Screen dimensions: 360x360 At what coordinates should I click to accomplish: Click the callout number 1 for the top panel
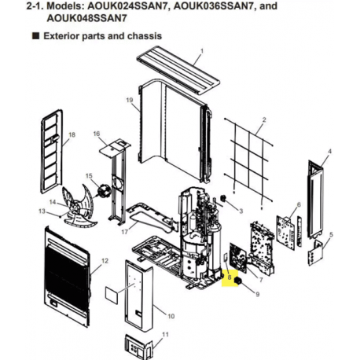[x=201, y=51]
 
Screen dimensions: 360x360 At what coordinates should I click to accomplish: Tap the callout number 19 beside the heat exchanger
[x=130, y=100]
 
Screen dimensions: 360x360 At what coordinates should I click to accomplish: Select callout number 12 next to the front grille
[x=105, y=261]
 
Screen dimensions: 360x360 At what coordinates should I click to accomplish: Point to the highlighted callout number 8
[x=230, y=277]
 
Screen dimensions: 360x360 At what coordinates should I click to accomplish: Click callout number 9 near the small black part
[x=257, y=294]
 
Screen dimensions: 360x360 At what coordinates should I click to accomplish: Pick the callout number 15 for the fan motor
[x=89, y=176]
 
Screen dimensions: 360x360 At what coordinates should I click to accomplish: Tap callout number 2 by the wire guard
[x=264, y=119]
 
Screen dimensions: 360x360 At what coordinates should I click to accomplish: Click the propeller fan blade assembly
[x=78, y=206]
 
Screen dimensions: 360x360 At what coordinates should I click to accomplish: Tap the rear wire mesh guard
[x=248, y=160]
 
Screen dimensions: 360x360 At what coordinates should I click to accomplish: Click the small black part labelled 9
[x=238, y=281]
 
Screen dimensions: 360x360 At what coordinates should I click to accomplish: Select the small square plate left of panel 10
[x=112, y=295]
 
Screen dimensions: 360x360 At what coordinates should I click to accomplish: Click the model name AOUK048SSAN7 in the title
[x=86, y=18]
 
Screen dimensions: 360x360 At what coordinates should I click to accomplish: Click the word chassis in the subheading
[x=145, y=36]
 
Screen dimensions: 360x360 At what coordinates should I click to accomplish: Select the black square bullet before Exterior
[x=36, y=36]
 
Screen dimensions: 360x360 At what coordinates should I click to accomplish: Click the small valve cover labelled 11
[x=138, y=345]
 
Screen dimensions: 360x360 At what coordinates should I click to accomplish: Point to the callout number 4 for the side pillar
[x=330, y=152]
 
